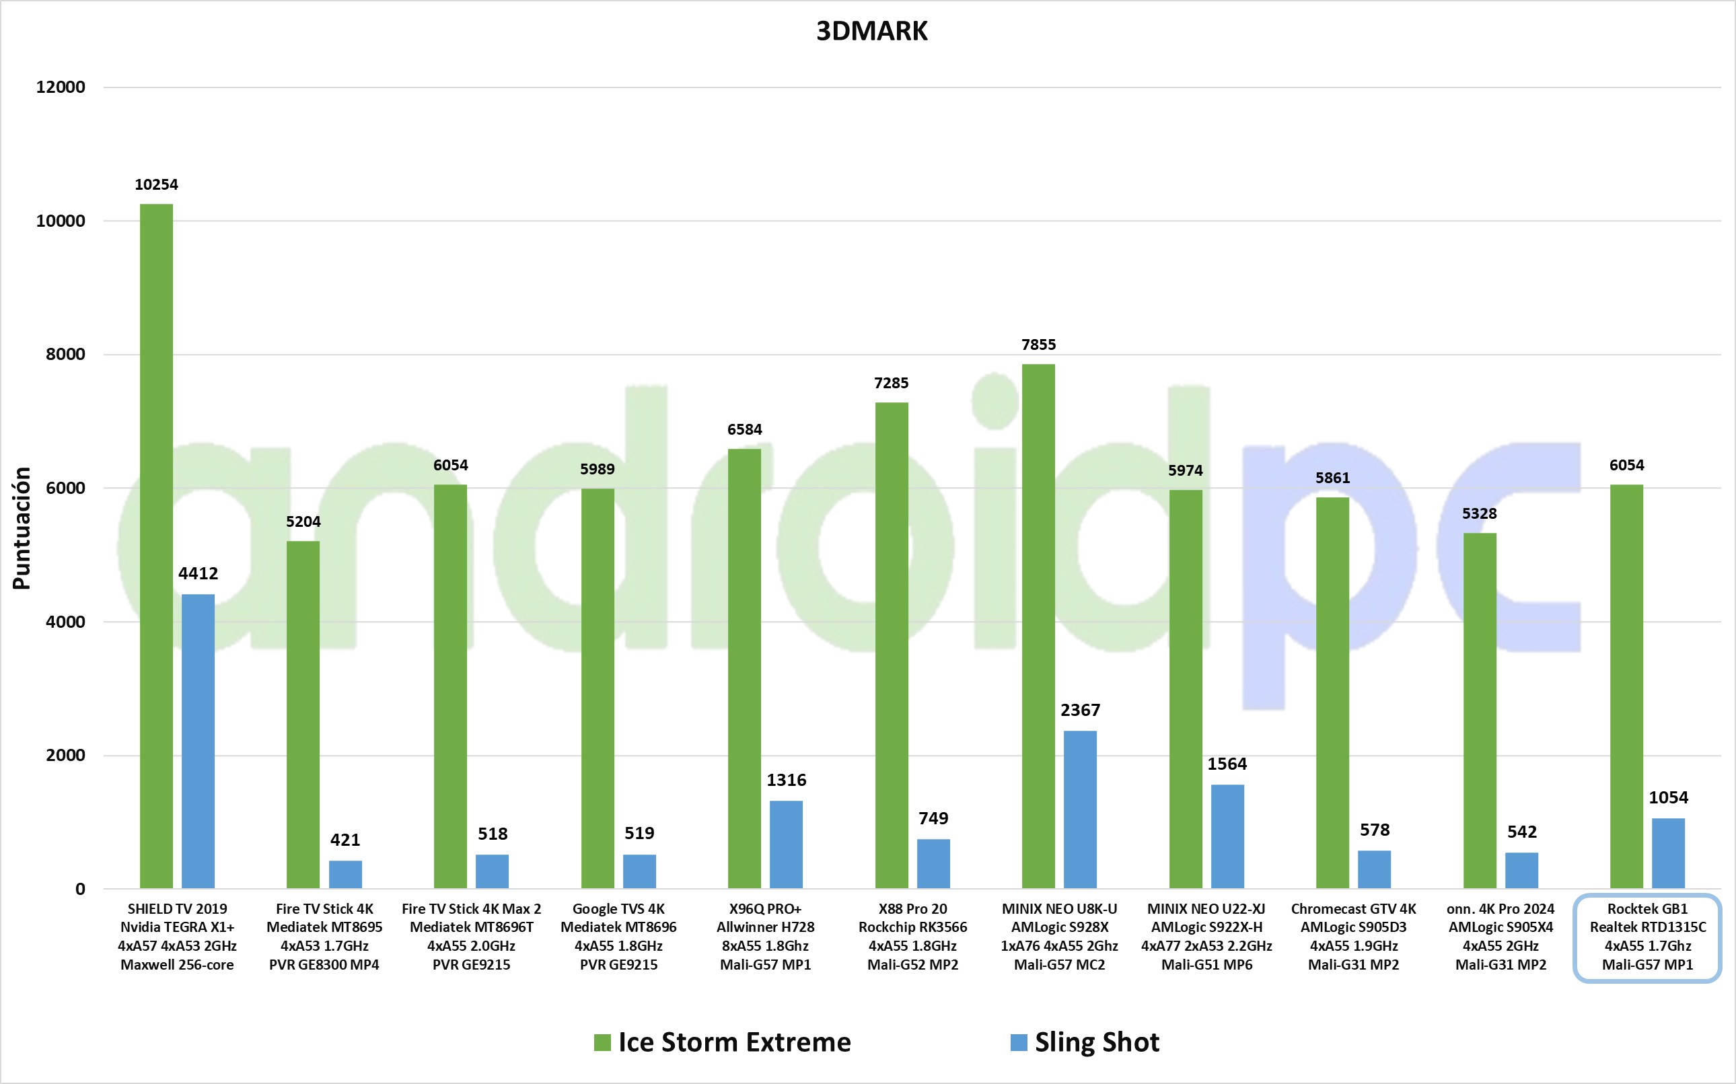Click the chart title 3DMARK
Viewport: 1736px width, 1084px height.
(871, 32)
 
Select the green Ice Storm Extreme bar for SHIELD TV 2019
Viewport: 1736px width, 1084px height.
(156, 545)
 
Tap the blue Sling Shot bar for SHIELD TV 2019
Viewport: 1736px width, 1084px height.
(198, 741)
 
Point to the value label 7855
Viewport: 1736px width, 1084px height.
(1039, 345)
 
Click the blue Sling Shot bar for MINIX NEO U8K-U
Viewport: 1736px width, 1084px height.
(1080, 809)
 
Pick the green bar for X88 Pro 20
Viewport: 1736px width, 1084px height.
(892, 645)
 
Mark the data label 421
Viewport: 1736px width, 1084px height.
(345, 840)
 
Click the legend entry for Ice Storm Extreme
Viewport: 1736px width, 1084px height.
(723, 1042)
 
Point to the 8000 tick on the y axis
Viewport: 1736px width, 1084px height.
(65, 354)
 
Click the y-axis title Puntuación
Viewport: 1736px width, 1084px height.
(22, 528)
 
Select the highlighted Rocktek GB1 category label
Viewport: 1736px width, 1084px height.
(1647, 937)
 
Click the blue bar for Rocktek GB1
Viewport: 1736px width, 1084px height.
(1668, 853)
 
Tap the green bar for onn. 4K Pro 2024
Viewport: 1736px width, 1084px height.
(1480, 710)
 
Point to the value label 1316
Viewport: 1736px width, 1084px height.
(787, 780)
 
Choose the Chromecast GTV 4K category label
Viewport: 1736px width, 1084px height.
(1353, 937)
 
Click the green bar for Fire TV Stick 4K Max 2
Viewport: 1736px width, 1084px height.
(450, 686)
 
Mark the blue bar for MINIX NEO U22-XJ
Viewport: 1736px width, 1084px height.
(1227, 836)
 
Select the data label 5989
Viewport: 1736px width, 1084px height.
(597, 469)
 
